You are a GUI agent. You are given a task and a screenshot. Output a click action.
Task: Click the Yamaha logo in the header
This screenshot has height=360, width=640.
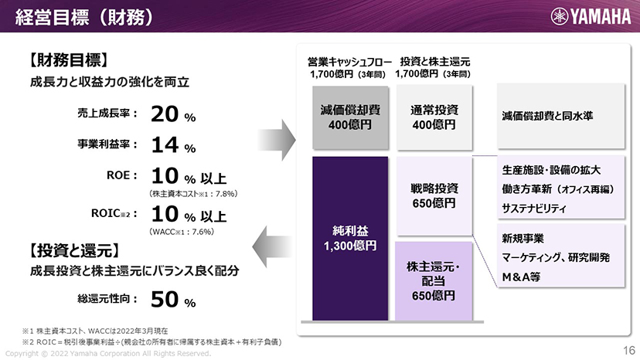591,16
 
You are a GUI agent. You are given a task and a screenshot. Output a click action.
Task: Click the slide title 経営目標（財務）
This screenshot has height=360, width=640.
84,17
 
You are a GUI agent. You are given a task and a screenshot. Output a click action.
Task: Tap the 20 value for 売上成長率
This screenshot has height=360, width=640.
165,114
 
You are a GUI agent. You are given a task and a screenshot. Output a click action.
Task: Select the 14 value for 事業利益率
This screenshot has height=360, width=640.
165,145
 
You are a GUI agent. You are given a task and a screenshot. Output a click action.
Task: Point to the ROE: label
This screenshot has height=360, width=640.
121,175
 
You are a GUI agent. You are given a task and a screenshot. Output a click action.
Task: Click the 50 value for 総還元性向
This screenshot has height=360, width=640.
165,299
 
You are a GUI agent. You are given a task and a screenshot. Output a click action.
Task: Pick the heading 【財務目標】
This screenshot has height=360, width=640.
69,60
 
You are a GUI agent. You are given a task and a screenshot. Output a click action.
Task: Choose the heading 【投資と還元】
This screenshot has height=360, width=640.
74,250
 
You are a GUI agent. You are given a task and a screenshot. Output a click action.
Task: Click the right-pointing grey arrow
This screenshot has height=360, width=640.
276,140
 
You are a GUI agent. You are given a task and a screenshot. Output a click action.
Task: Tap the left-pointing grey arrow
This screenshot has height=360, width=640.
272,247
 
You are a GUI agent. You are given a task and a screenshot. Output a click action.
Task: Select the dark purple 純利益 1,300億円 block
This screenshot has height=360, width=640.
350,239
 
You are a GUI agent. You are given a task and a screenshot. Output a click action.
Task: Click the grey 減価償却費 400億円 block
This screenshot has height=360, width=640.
350,117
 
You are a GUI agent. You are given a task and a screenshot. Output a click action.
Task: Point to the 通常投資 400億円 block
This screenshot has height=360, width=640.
434,117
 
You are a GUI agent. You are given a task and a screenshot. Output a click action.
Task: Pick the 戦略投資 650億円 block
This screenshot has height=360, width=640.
434,196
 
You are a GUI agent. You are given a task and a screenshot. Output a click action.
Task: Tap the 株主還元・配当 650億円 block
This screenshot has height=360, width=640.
434,281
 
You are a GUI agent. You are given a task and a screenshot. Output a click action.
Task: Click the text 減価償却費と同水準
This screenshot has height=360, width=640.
547,116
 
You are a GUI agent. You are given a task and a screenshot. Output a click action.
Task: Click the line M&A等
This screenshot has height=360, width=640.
521,277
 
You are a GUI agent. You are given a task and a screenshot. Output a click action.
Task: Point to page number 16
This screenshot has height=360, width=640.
629,350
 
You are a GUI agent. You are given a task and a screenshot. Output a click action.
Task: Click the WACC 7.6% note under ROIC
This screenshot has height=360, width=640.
182,232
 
